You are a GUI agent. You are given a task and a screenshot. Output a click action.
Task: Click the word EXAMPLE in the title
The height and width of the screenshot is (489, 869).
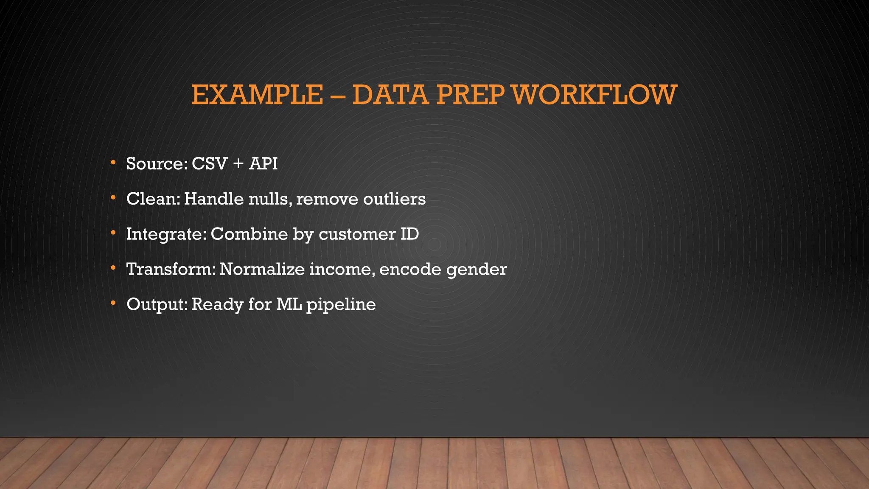coord(257,95)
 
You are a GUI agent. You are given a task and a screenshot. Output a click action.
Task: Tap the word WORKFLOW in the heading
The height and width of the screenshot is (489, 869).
coord(594,95)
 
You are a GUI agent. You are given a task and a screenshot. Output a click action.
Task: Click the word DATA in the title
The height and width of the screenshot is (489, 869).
coord(390,95)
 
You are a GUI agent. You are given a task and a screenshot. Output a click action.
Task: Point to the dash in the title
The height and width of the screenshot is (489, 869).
coord(337,96)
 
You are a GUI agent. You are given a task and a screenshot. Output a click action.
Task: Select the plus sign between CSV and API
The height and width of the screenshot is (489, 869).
coord(238,164)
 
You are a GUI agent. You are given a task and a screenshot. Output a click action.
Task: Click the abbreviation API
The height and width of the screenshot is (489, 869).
coord(263,164)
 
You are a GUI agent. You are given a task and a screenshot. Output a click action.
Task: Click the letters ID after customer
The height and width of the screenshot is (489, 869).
coord(409,234)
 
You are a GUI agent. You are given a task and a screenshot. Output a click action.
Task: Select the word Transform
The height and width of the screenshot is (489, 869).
coord(171,270)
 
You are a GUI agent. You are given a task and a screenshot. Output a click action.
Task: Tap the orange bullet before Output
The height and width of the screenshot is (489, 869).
coord(113,303)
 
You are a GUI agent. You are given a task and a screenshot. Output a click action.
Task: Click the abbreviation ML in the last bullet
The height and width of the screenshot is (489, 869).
coord(289,304)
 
